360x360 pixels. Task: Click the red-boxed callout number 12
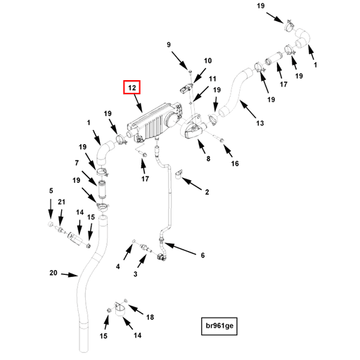(132, 87)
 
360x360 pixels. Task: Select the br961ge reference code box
(219, 326)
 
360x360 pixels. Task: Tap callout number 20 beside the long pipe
(53, 273)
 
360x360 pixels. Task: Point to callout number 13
(260, 123)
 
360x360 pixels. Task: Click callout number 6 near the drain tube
(202, 255)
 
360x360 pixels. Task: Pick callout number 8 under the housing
(208, 159)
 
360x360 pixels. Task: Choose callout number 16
(235, 163)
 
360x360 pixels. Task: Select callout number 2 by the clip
(207, 192)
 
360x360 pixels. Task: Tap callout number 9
(169, 44)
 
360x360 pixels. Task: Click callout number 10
(207, 60)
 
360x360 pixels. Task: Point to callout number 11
(212, 79)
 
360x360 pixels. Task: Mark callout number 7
(77, 162)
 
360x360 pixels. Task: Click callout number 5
(51, 191)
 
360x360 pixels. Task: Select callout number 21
(61, 202)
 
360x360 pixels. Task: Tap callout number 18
(150, 317)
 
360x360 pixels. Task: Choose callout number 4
(118, 266)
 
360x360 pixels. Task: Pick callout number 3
(135, 274)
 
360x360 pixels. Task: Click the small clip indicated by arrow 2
(179, 174)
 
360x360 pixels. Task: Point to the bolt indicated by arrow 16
(221, 140)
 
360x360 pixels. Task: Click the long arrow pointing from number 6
(180, 249)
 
